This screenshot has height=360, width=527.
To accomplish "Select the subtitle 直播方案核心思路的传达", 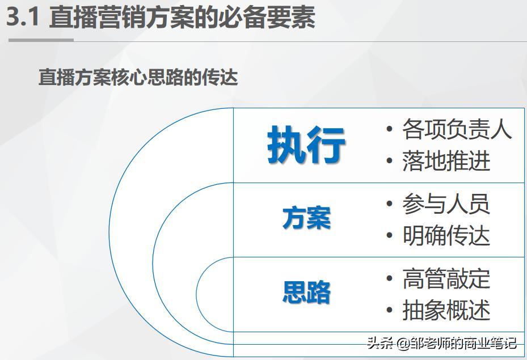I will point(138,77).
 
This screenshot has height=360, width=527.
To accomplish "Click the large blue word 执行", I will point(306,146).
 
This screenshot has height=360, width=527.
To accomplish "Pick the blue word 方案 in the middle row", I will point(306,218).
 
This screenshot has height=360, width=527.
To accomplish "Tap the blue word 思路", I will point(306,292).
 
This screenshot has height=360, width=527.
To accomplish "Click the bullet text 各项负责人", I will point(457,129).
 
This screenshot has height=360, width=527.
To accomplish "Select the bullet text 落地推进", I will point(446,161).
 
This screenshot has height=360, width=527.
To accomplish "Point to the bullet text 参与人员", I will point(446,204).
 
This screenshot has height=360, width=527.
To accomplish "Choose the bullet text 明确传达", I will point(446,236).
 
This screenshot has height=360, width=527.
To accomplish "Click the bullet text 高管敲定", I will point(446,279).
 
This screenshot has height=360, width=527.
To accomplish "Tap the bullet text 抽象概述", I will point(446,310).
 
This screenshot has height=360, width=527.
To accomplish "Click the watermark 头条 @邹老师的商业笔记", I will point(442,343).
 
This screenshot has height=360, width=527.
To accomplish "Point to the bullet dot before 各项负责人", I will point(389,130).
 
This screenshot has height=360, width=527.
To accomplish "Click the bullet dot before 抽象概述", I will point(389,311).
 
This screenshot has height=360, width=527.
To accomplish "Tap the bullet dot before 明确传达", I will point(389,236).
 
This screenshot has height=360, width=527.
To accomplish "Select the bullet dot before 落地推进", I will point(389,162).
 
